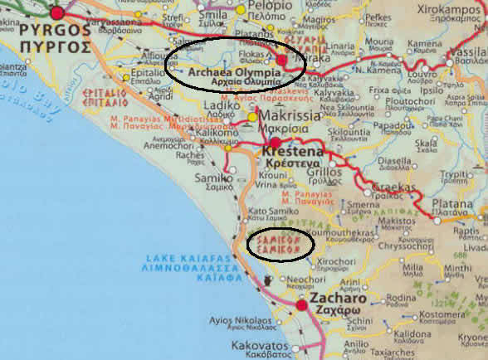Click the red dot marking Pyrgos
[x=57, y=12]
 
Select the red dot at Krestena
[x=276, y=143]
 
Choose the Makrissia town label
[x=294, y=118]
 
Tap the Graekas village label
[x=384, y=187]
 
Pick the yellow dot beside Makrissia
[x=253, y=118]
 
